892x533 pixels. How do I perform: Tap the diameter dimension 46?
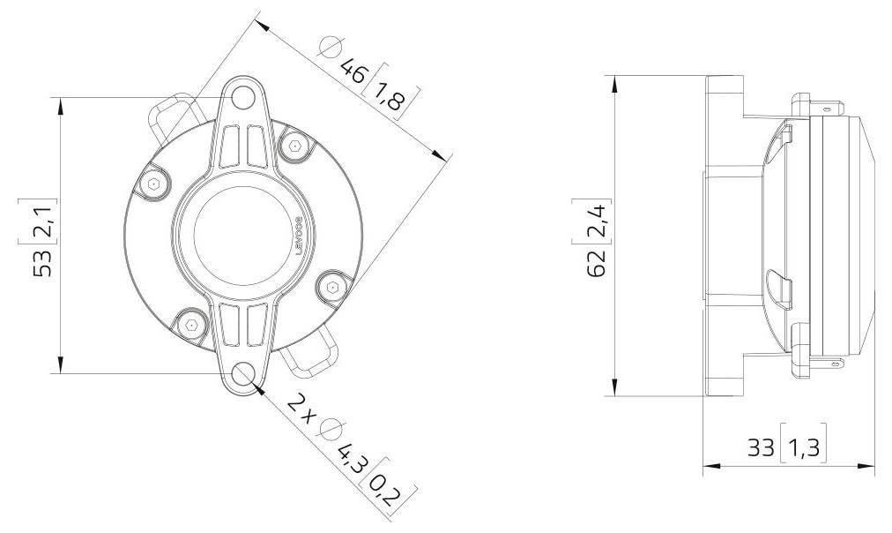tap(353, 70)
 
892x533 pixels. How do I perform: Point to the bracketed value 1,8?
tap(389, 95)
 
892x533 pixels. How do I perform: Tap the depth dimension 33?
tap(761, 447)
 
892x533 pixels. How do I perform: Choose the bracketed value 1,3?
tap(802, 447)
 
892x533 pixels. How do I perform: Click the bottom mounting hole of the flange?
tap(243, 377)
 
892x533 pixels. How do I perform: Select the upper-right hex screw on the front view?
tap(294, 146)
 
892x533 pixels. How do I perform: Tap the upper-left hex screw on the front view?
tap(154, 184)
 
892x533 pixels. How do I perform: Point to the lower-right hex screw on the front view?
tap(332, 288)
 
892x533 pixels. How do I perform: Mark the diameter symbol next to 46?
tap(330, 47)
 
